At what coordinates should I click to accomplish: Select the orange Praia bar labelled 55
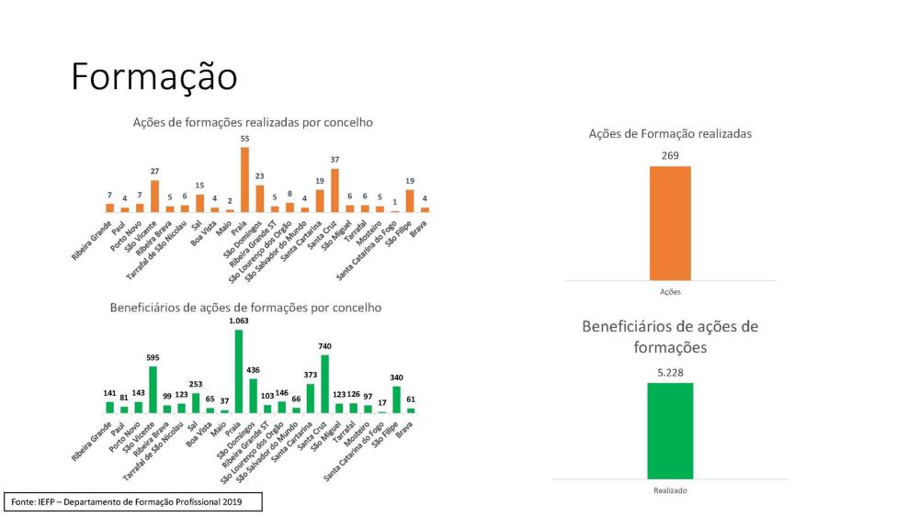[x=245, y=179]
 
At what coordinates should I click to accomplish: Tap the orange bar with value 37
[x=335, y=190]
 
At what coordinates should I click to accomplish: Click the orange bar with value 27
[x=154, y=196]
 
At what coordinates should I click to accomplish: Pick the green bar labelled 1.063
[x=239, y=371]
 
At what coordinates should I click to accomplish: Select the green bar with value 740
[x=325, y=383]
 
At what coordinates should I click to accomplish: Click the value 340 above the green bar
[x=396, y=377]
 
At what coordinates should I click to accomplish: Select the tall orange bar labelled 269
[x=670, y=222]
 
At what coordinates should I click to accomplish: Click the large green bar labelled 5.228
[x=670, y=430]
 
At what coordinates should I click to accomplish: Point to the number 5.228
[x=670, y=373]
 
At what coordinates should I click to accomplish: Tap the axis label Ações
[x=670, y=292]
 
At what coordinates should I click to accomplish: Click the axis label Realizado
[x=670, y=490]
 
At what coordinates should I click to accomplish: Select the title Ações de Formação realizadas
[x=670, y=133]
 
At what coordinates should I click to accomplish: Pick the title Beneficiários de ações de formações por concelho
[x=245, y=308]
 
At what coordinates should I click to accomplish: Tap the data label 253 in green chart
[x=195, y=385]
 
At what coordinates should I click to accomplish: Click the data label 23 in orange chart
[x=260, y=176]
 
